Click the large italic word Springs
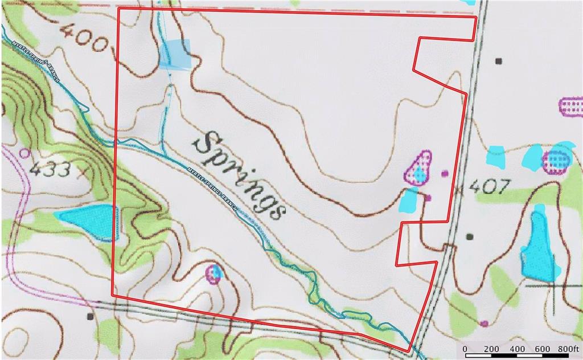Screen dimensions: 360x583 click(239, 174)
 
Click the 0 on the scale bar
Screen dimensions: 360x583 click(465, 349)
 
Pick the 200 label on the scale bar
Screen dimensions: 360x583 click(491, 349)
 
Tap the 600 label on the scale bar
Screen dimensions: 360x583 click(542, 349)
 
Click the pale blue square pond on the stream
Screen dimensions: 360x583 click(175, 54)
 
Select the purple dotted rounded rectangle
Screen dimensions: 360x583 click(570, 107)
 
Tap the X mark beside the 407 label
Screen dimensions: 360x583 click(459, 189)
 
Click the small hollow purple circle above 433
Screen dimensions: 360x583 click(24, 153)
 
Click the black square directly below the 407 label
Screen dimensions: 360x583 click(470, 236)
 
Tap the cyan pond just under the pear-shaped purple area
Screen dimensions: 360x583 click(409, 199)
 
